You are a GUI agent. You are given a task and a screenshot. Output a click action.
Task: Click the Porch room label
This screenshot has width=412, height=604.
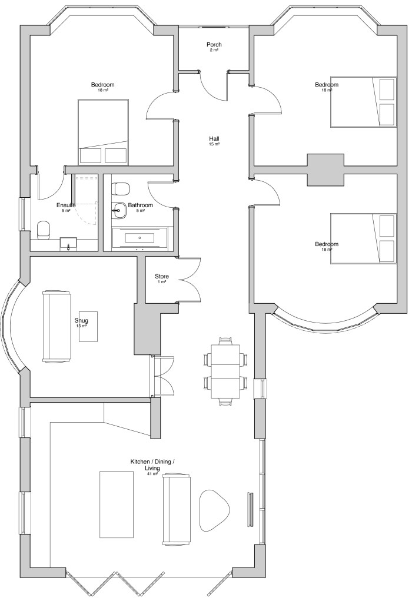coord(214,45)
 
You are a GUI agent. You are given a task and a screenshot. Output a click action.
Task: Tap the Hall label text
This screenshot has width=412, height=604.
coord(214,139)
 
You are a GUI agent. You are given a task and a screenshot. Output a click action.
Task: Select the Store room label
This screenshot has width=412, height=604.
coord(162,276)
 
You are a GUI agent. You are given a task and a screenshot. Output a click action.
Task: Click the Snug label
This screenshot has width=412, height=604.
coord(81,320)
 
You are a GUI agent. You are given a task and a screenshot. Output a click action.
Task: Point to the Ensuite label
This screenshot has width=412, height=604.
coord(66,205)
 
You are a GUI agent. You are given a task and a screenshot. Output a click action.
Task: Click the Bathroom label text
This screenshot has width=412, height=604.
coord(140,205)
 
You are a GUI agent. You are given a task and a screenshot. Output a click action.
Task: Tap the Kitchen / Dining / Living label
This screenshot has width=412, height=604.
coord(152,464)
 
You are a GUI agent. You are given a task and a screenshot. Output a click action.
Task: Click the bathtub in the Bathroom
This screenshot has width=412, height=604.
coord(139,237)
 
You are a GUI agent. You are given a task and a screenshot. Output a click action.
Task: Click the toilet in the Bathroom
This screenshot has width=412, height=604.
coord(121,189)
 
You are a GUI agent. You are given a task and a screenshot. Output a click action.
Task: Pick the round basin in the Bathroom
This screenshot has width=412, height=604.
coord(119,210)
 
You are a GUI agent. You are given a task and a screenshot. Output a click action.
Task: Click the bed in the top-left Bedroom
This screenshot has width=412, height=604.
coord(103,132)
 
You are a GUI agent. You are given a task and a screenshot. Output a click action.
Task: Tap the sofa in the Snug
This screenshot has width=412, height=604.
coord(57,327)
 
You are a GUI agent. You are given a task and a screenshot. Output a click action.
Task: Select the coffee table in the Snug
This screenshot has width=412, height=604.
coord(88,327)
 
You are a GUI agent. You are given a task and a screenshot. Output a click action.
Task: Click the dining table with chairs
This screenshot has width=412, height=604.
coord(225,370)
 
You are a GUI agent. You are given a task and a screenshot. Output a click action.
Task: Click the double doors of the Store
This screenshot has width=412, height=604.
coord(189,279)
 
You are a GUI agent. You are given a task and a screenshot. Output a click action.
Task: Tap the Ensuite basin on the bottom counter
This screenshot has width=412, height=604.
coord(69,244)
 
